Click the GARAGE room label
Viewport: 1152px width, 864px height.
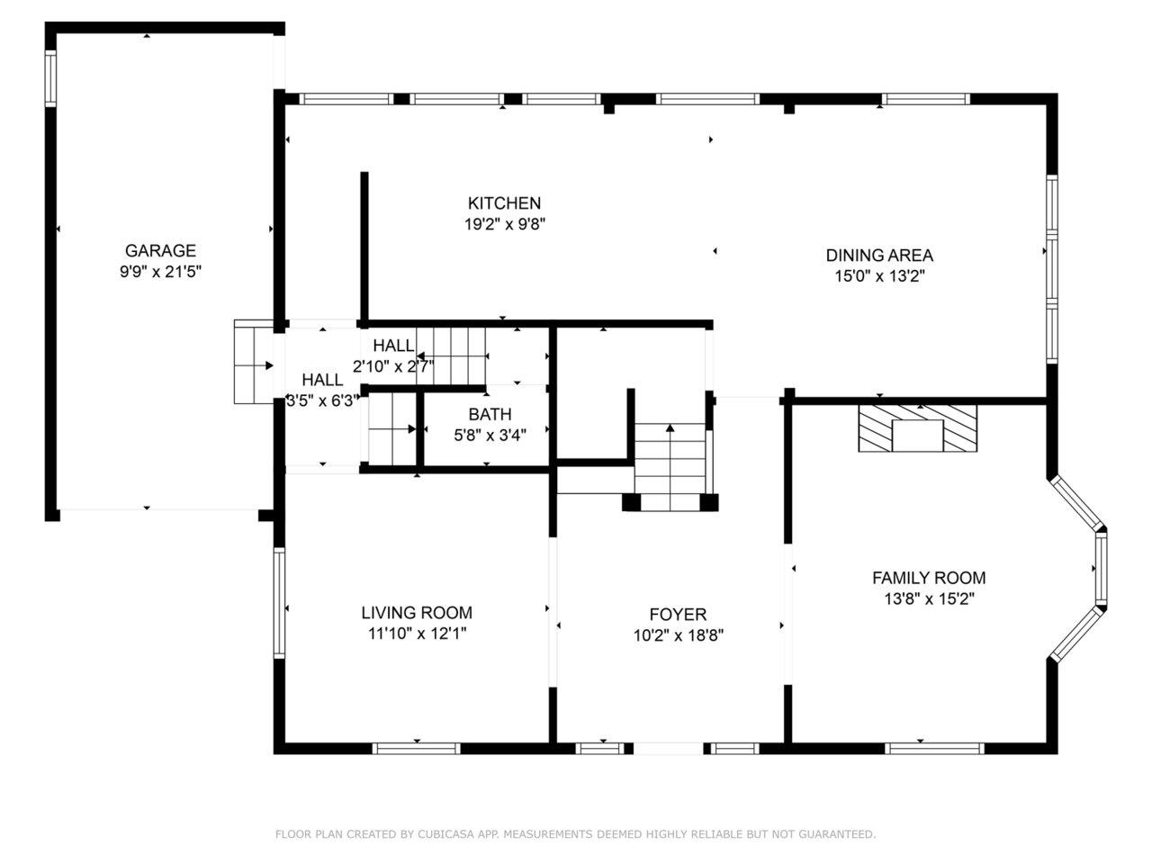(x=160, y=251)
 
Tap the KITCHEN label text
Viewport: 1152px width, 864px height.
(x=504, y=203)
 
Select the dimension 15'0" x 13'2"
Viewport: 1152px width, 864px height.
(x=879, y=276)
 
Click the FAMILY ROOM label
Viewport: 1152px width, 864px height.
(x=929, y=578)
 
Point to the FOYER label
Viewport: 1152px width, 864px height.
(x=678, y=615)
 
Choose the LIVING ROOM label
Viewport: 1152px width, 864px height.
(x=417, y=613)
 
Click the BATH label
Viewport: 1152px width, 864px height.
(x=490, y=414)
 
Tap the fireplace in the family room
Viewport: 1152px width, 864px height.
(x=918, y=428)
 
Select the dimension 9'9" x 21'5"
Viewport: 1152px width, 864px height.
(x=160, y=272)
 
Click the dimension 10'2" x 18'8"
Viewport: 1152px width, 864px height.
(x=678, y=635)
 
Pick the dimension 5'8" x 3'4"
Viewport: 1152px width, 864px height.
(x=490, y=435)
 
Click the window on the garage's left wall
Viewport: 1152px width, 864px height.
(x=50, y=78)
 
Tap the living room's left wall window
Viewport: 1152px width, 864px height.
(x=279, y=603)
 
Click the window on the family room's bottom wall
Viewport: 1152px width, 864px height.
(x=934, y=749)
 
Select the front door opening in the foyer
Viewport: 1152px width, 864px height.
(x=669, y=749)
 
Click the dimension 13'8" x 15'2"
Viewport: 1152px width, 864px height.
(x=929, y=599)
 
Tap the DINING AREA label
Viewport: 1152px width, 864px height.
(x=879, y=256)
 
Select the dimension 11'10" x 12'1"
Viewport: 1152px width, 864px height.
(x=417, y=634)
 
